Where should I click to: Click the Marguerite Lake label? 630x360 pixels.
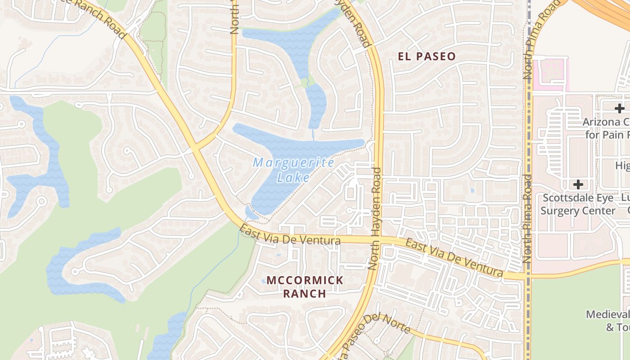click(293, 170)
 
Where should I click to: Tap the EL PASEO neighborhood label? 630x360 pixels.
click(427, 57)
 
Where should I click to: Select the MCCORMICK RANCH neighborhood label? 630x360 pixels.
click(305, 287)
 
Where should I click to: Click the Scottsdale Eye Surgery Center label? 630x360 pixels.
click(578, 204)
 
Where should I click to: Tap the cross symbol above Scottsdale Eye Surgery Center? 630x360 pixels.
click(578, 184)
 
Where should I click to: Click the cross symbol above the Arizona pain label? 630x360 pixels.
click(620, 108)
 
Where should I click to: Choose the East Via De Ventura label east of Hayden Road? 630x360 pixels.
click(454, 258)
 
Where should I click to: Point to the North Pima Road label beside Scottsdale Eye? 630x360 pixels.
click(527, 219)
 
